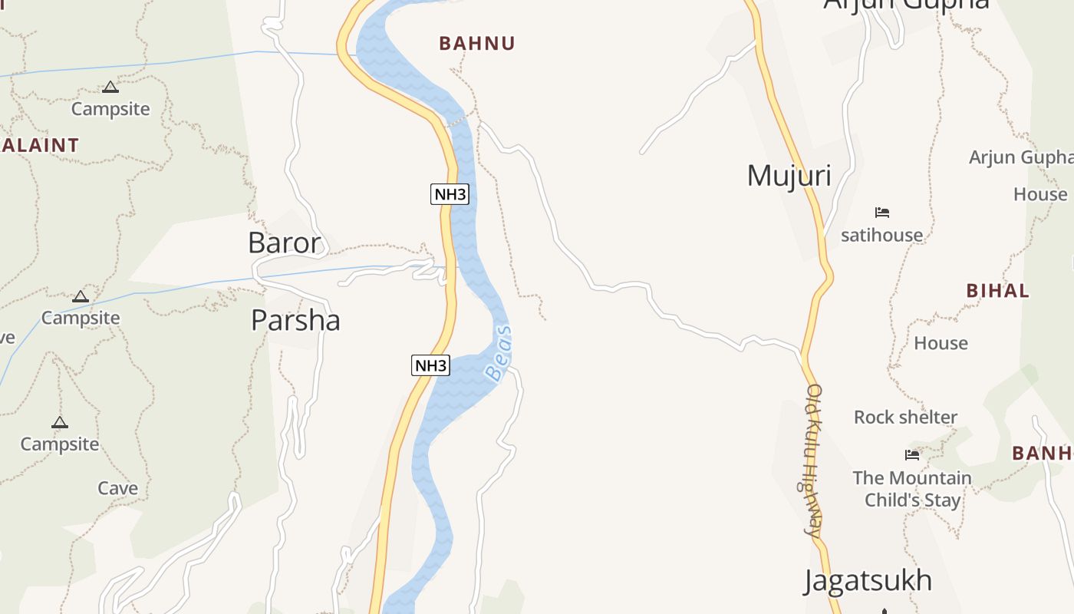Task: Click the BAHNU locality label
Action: [477, 44]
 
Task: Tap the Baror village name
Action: [284, 243]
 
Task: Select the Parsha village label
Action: [295, 320]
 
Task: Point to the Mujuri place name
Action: [789, 176]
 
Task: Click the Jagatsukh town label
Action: [868, 581]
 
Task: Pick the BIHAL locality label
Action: [997, 291]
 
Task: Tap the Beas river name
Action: [499, 354]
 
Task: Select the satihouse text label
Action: [881, 235]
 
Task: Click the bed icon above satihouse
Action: [882, 213]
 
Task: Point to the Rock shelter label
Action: [905, 418]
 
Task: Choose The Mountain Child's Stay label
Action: [912, 489]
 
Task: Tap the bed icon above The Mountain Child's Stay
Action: [912, 455]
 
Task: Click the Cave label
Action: [117, 488]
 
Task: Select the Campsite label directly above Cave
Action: [60, 444]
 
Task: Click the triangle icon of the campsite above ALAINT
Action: [110, 87]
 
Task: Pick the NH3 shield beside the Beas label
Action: [430, 366]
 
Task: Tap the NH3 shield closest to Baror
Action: [450, 194]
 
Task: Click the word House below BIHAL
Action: [941, 343]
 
